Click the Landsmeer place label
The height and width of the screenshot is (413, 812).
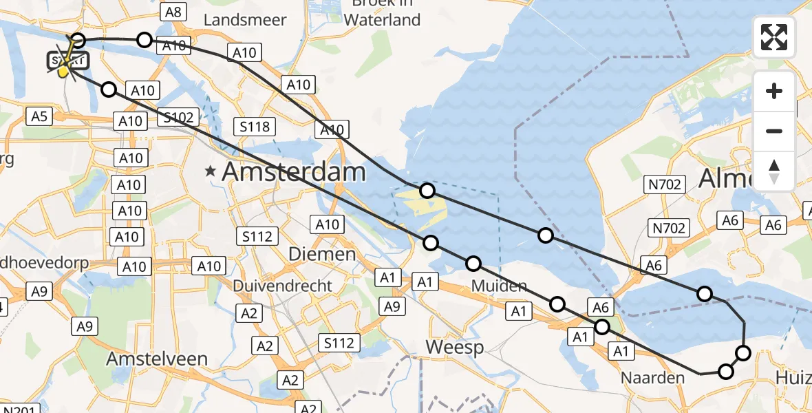(x=245, y=20)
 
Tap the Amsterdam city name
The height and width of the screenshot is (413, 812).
(x=294, y=172)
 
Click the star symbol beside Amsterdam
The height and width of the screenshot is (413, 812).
(x=211, y=172)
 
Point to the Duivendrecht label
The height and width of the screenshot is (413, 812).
(x=282, y=285)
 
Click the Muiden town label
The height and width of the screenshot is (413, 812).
(x=500, y=286)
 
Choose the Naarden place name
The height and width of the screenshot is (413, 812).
(x=652, y=377)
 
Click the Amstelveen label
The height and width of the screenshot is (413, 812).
(x=158, y=359)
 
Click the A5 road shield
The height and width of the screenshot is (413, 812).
(x=39, y=116)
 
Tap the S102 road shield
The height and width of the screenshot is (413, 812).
(x=178, y=117)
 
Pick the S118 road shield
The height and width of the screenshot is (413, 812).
(x=255, y=126)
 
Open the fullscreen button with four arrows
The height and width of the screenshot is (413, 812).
(x=774, y=37)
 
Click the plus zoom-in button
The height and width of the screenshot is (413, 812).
(x=774, y=91)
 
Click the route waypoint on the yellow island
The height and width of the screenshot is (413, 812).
(x=427, y=191)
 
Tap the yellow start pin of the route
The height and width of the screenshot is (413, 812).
(x=63, y=70)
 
